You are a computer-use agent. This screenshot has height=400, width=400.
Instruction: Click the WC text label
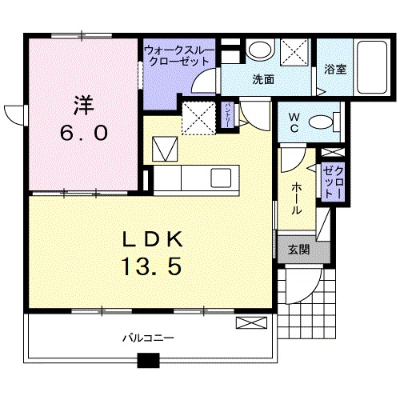click(294, 123)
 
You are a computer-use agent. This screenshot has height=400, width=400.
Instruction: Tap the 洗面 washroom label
click(263, 79)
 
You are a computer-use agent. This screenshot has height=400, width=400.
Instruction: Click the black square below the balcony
click(148, 360)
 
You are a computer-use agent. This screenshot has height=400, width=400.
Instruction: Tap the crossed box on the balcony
click(249, 322)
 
